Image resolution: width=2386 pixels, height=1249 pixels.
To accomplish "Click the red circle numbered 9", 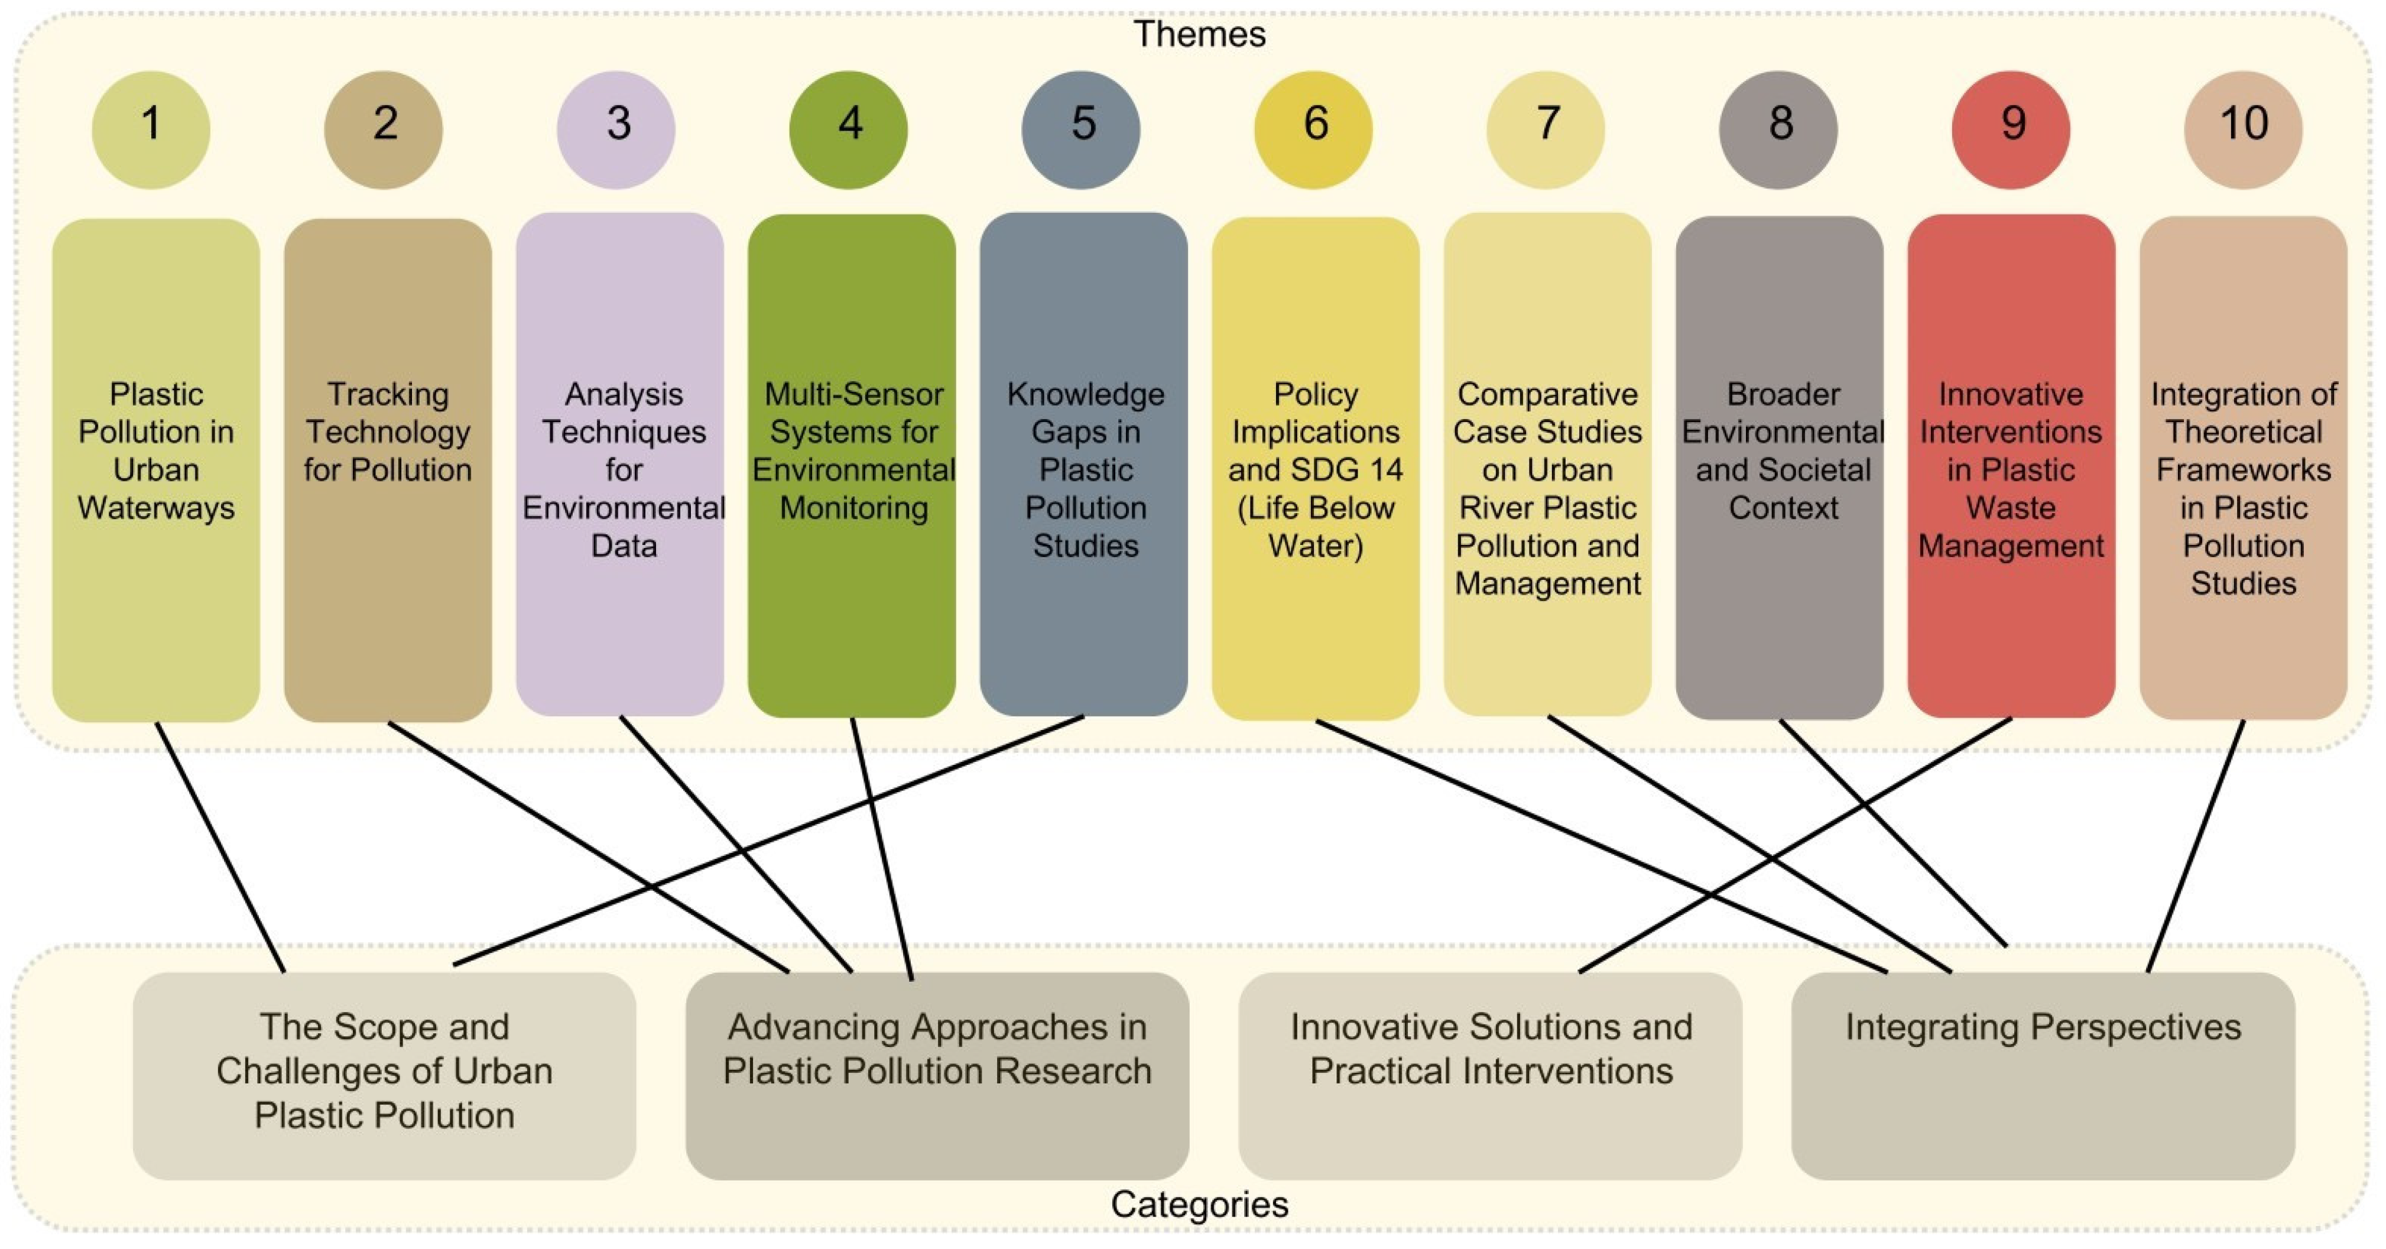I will (x=2010, y=129).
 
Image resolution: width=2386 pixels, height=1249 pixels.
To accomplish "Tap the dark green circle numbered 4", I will (x=849, y=129).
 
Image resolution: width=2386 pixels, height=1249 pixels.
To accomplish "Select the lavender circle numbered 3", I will (x=616, y=129).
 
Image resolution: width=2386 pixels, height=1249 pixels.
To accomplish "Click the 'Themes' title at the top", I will (x=1199, y=34).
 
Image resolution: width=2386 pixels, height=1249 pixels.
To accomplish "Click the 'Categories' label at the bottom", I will (x=1199, y=1203).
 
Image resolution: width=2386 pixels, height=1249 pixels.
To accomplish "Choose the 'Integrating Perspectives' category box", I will (x=2043, y=1094).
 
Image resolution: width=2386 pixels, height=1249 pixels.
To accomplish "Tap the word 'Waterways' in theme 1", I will (x=155, y=508).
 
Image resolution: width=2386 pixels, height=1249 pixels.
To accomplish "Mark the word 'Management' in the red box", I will (x=2010, y=546).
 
